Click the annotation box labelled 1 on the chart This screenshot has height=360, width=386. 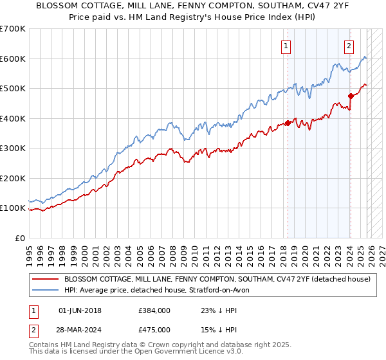pyautogui.click(x=285, y=46)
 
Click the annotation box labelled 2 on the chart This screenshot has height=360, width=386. pyautogui.click(x=348, y=46)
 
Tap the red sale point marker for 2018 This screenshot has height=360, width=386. pyautogui.click(x=288, y=123)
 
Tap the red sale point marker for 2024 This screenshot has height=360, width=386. pyautogui.click(x=351, y=96)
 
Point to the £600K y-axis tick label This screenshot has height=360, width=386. pyautogui.click(x=13, y=59)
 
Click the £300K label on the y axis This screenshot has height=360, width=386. pyautogui.click(x=13, y=148)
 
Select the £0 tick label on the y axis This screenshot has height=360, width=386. pyautogui.click(x=20, y=238)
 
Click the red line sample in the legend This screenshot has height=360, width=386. pyautogui.click(x=46, y=280)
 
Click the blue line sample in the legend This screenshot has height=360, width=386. pyautogui.click(x=46, y=291)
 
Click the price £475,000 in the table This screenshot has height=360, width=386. pyautogui.click(x=154, y=330)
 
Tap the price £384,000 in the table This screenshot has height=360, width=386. pyautogui.click(x=154, y=310)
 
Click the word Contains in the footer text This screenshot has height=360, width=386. pyautogui.click(x=46, y=346)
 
